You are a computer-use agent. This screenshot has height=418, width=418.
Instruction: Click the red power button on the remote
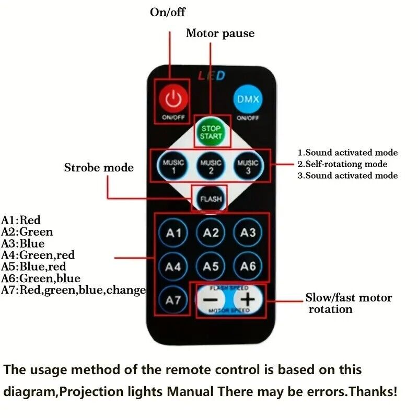pos(172,98)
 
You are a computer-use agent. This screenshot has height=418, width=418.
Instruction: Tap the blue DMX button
pos(247,98)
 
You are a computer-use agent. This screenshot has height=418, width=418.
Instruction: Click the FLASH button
pos(211,199)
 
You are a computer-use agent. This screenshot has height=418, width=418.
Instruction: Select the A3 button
pos(248,233)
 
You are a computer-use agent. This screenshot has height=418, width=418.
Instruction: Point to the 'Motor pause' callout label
pos(220,34)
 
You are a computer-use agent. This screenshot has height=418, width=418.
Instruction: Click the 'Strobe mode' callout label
pos(99,168)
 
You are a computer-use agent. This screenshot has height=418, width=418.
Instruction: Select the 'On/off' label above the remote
pos(168,11)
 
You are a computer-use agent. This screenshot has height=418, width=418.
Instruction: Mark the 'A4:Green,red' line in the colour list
pos(38,255)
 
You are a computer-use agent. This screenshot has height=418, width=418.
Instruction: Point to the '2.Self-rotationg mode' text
pos(342,164)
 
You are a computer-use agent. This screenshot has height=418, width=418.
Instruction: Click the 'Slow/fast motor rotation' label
pos(348,303)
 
